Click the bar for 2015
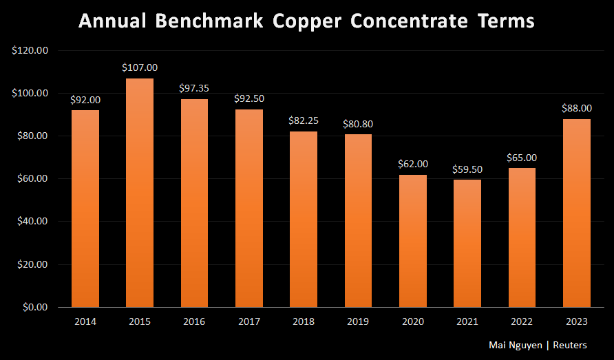click(x=140, y=193)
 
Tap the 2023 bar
click(x=577, y=213)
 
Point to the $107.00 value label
click(x=140, y=67)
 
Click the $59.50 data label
click(x=467, y=169)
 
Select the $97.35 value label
click(x=194, y=88)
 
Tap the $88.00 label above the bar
click(x=577, y=108)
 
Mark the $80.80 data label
click(x=358, y=124)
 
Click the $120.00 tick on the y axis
click(x=30, y=50)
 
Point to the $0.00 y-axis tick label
click(x=34, y=307)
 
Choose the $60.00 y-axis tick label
click(x=32, y=179)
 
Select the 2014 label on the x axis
click(x=85, y=321)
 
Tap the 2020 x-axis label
click(x=413, y=321)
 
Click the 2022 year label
click(x=522, y=321)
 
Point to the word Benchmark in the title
click(x=209, y=21)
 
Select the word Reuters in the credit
click(x=575, y=344)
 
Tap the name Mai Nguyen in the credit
click(x=515, y=344)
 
